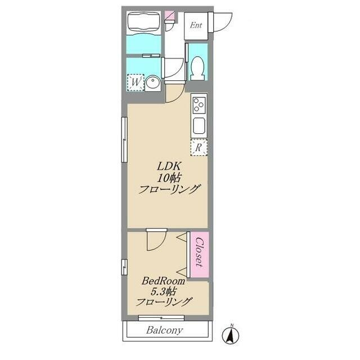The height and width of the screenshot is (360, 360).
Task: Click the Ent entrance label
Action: point(196,25)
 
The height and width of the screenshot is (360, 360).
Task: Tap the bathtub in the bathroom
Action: point(143,23)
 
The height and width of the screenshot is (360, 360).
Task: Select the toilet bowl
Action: point(197,67)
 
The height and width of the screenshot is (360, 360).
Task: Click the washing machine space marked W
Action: point(136,83)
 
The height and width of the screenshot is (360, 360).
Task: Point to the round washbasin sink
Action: point(153,83)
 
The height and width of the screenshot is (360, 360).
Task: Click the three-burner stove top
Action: point(199,105)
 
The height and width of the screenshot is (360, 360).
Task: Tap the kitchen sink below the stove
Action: point(199,125)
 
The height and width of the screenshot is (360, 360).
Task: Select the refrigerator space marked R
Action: point(199,147)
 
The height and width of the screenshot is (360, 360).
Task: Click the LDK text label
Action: point(169,166)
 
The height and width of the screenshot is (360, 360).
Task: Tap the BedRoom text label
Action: point(163,281)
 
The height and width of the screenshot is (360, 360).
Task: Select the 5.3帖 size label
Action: point(163,291)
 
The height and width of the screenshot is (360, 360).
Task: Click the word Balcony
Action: point(165,330)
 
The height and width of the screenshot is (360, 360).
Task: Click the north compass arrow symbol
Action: point(231,335)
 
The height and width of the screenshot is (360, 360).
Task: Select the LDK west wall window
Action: point(124,139)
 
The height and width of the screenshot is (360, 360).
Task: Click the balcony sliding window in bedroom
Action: point(161,318)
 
